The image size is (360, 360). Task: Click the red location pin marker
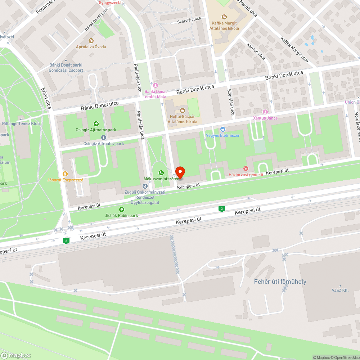click(x=180, y=172)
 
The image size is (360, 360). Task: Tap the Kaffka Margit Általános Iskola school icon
click(x=224, y=17)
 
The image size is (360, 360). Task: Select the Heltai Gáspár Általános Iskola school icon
click(x=182, y=110)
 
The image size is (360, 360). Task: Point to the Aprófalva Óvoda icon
click(x=91, y=41)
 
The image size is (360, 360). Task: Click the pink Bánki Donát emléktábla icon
click(x=156, y=85)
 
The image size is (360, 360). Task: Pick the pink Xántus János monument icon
click(x=266, y=112)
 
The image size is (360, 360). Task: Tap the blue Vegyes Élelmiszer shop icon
click(x=223, y=129)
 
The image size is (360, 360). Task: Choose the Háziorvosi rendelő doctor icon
click(x=246, y=168)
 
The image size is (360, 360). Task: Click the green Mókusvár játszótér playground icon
click(x=161, y=172)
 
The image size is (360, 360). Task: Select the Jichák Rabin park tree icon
click(x=122, y=210)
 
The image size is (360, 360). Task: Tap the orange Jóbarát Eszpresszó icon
click(x=65, y=174)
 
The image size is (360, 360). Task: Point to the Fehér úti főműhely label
click(x=280, y=282)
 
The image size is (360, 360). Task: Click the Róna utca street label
click(x=46, y=98)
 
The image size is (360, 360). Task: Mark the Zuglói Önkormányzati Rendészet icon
click(x=145, y=186)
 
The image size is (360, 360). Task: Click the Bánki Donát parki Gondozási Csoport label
click(x=66, y=68)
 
